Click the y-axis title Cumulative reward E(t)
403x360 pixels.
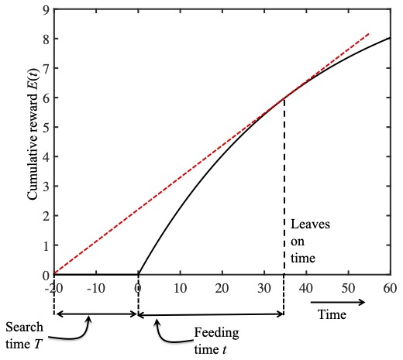pos(33,139)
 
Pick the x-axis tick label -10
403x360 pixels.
pos(95,287)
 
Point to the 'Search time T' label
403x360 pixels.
pos(26,333)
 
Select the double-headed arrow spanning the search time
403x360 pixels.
pos(95,314)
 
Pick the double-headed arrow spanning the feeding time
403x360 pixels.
pos(211,314)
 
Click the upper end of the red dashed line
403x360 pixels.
pos(368,34)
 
